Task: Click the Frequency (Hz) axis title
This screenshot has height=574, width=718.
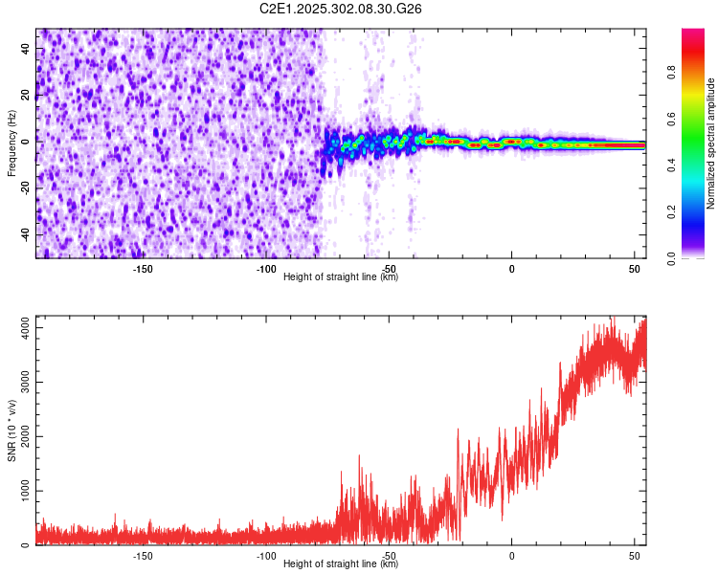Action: click(11, 143)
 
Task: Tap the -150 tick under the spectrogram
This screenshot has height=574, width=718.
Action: click(142, 269)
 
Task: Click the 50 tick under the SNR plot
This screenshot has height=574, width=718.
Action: click(634, 556)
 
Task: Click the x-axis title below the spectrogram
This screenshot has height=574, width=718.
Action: click(341, 276)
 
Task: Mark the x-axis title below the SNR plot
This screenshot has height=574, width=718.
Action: click(341, 563)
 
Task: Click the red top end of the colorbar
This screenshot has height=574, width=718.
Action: click(693, 33)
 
